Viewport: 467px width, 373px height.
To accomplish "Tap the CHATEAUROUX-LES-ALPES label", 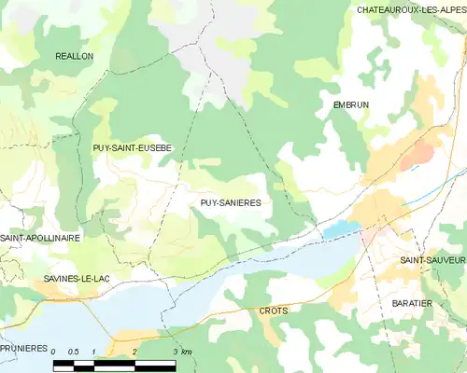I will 411,9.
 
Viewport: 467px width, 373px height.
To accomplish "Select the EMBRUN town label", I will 351,105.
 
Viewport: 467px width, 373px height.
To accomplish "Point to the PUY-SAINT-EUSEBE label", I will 131,148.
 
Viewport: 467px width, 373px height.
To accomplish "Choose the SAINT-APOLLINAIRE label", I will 40,239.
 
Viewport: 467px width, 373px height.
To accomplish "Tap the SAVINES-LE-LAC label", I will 75,279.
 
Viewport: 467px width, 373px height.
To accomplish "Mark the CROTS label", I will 274,310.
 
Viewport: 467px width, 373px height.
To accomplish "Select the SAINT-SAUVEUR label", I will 432,260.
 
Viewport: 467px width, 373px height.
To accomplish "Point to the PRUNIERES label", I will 23,348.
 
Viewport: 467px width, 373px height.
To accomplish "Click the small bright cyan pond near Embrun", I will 341,228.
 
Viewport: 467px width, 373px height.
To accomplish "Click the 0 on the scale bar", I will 54,352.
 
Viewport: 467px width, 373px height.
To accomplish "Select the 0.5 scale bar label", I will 74,352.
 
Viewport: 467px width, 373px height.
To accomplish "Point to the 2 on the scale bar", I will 134,352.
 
